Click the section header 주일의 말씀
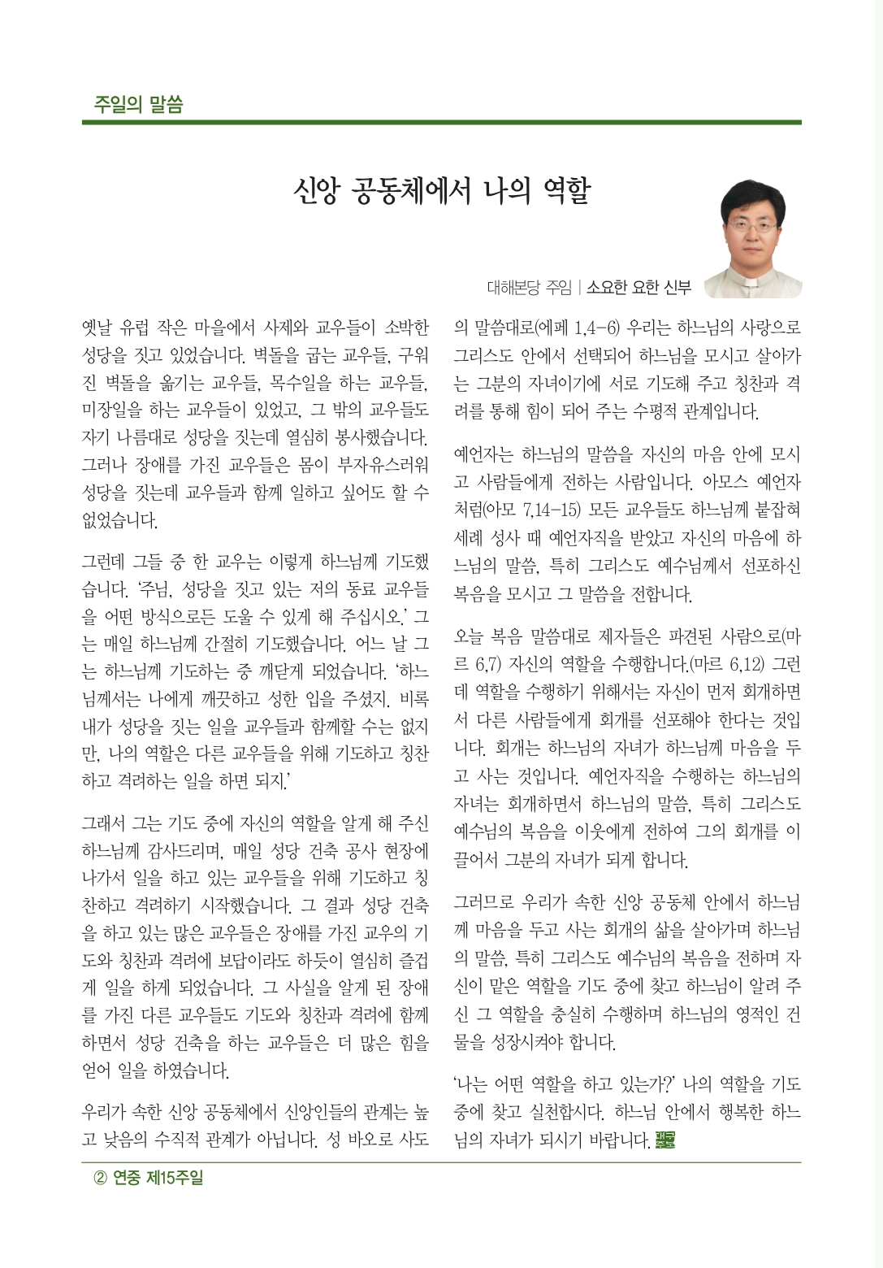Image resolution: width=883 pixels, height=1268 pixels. click(138, 104)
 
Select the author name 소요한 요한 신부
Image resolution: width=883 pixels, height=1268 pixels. click(638, 287)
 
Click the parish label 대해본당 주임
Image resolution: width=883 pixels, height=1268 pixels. click(529, 287)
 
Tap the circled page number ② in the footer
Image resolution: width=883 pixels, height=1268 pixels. click(100, 1178)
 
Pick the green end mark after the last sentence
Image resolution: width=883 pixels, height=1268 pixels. click(664, 1140)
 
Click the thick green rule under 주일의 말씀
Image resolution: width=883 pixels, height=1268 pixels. click(441, 123)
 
